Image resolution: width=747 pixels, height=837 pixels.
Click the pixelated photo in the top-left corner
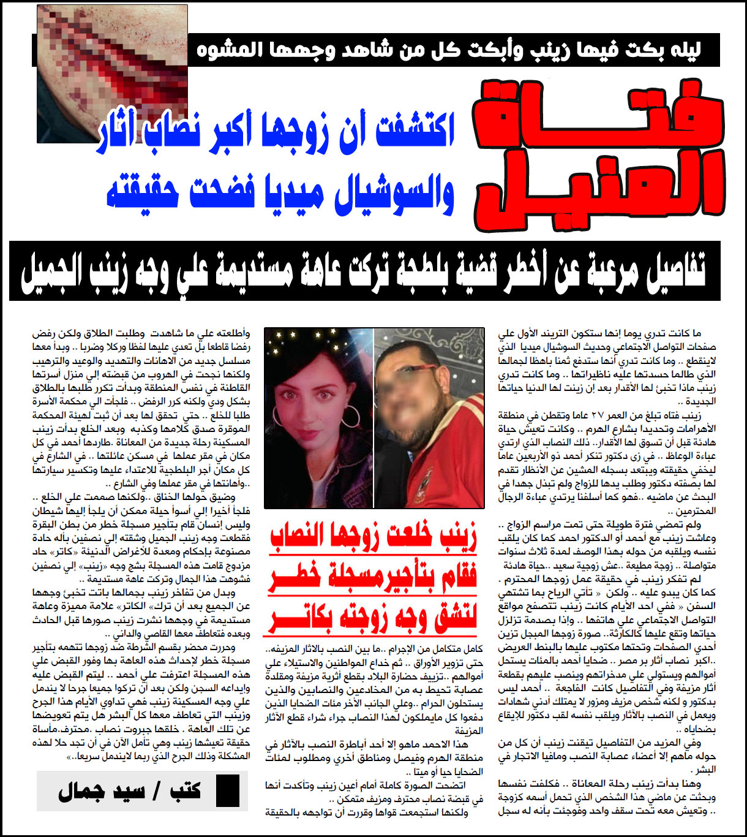112,74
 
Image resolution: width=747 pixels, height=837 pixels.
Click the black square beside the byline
228,790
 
